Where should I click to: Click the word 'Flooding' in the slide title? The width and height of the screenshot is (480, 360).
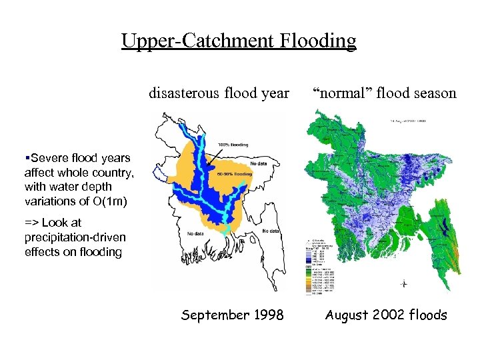point(317,41)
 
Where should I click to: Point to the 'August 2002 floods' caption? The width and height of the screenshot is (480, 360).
point(385,315)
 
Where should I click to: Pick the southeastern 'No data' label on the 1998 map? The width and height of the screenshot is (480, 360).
point(271,231)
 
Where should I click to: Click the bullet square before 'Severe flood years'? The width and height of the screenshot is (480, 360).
point(26,159)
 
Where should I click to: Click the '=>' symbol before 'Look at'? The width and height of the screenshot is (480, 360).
point(31,223)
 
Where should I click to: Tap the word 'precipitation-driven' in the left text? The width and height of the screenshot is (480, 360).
point(75,237)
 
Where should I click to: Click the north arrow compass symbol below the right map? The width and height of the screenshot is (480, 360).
point(403,283)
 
